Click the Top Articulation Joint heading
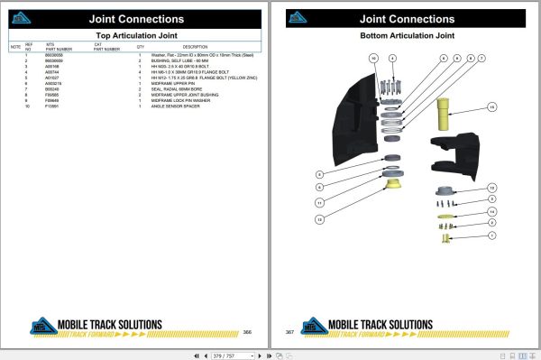coord(135,36)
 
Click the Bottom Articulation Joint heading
coord(407,36)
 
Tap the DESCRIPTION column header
coord(195,46)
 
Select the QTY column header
coord(141,46)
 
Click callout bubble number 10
coord(372,58)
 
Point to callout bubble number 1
coord(491,234)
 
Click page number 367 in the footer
coord(290,331)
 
